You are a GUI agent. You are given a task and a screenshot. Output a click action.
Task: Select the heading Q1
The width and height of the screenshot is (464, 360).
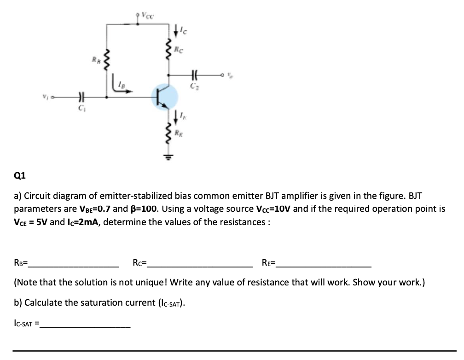[20, 175]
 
